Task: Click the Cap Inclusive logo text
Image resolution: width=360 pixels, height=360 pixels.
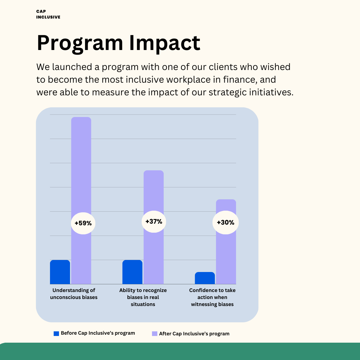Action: [48, 14]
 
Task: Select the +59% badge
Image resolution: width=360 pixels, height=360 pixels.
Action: [83, 223]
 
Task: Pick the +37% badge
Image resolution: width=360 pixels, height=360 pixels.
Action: [154, 221]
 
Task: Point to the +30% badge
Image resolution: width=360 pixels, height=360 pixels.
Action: [225, 222]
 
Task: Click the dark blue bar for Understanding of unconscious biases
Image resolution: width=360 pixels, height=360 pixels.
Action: [60, 272]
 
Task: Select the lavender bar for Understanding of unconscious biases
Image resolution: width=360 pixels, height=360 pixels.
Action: [81, 167]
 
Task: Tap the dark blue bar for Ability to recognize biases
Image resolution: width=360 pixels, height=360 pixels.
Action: [132, 272]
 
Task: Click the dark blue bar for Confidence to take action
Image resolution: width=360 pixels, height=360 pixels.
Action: [205, 278]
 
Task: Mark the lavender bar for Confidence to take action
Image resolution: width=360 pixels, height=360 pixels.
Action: [226, 253]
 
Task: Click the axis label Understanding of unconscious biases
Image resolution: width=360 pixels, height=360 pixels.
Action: [74, 294]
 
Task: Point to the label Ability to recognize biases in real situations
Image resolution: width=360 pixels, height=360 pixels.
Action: [143, 297]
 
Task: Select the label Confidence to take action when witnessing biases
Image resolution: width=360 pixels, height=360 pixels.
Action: [212, 297]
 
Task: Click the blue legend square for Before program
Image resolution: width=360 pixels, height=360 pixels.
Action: [56, 333]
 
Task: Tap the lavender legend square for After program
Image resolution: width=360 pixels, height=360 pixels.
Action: [154, 333]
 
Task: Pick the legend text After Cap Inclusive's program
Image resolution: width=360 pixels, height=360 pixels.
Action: [194, 333]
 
